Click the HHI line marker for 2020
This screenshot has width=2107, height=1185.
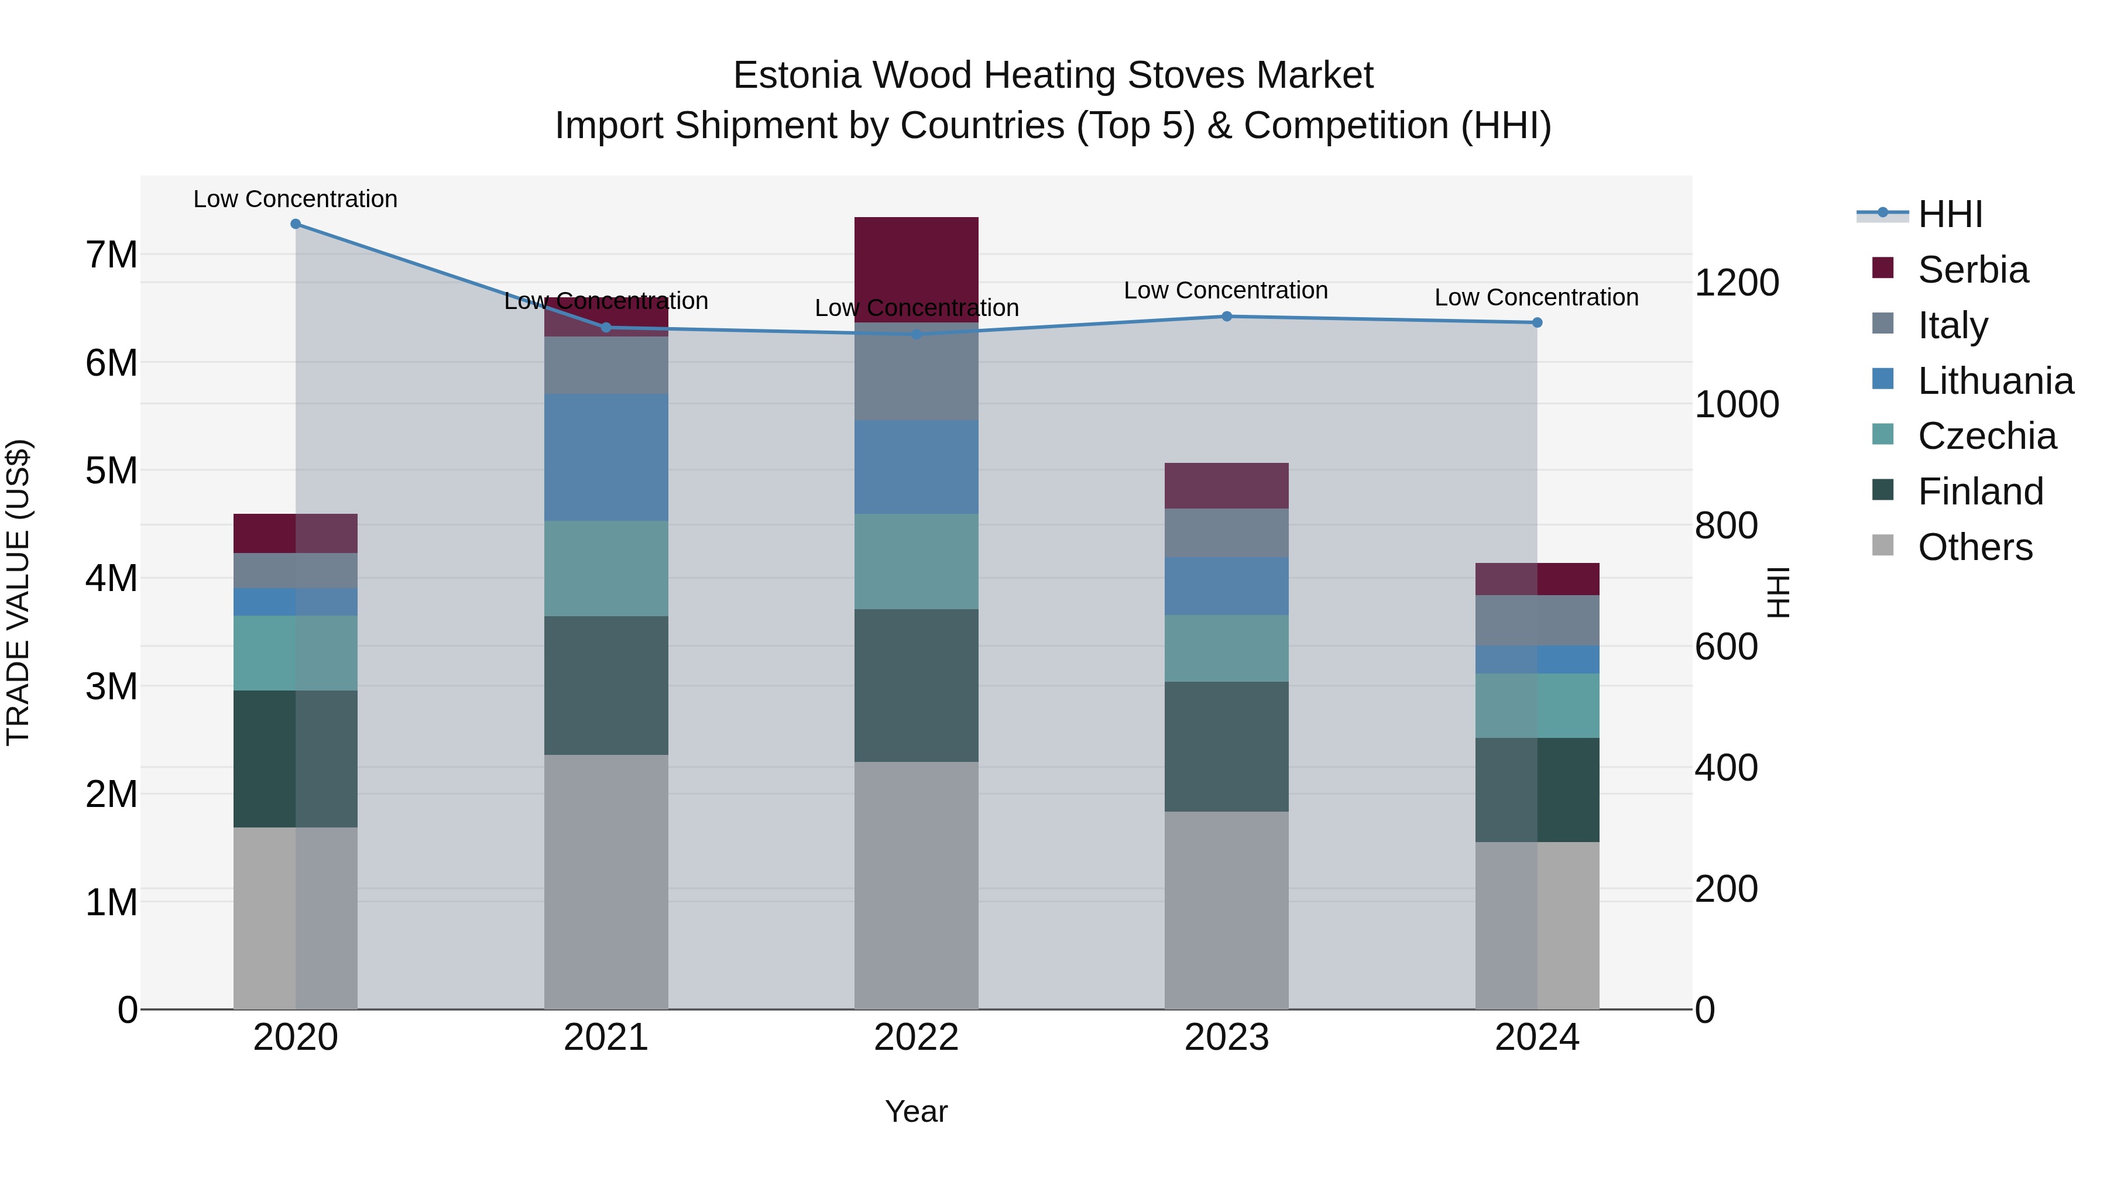[x=296, y=224]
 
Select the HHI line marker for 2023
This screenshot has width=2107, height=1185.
[x=1226, y=317]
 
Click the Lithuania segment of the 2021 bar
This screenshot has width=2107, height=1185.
[x=606, y=458]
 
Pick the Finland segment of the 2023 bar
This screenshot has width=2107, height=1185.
[x=1226, y=747]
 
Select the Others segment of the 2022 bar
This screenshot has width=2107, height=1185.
[x=916, y=886]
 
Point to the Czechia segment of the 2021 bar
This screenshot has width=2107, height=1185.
[x=606, y=568]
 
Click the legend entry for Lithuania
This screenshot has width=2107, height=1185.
[x=1995, y=381]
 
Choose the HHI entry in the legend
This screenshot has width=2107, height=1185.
[x=1950, y=214]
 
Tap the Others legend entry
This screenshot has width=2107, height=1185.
[x=1975, y=547]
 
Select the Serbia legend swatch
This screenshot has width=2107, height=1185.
[x=1882, y=268]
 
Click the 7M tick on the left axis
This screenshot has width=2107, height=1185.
[x=111, y=255]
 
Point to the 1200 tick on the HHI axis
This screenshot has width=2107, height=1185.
[x=1737, y=283]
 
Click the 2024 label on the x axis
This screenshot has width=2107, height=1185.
[x=1536, y=1038]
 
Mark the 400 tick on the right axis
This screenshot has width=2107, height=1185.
[x=1726, y=768]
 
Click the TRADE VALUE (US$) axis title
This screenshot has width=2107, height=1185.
[x=18, y=592]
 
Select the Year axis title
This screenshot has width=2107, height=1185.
[x=916, y=1111]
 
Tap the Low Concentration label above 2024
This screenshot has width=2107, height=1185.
[x=1536, y=298]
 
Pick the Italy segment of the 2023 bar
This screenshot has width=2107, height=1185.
[x=1226, y=533]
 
